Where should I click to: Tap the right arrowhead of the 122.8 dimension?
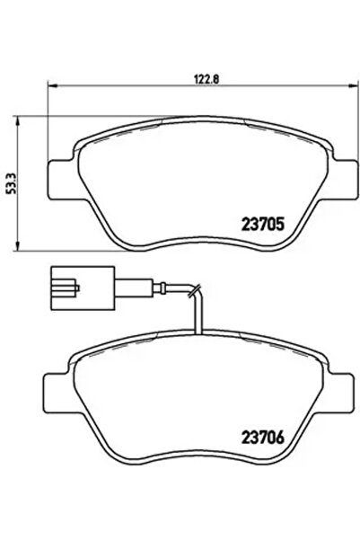click(349, 86)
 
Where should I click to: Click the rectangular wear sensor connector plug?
click(77, 287)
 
